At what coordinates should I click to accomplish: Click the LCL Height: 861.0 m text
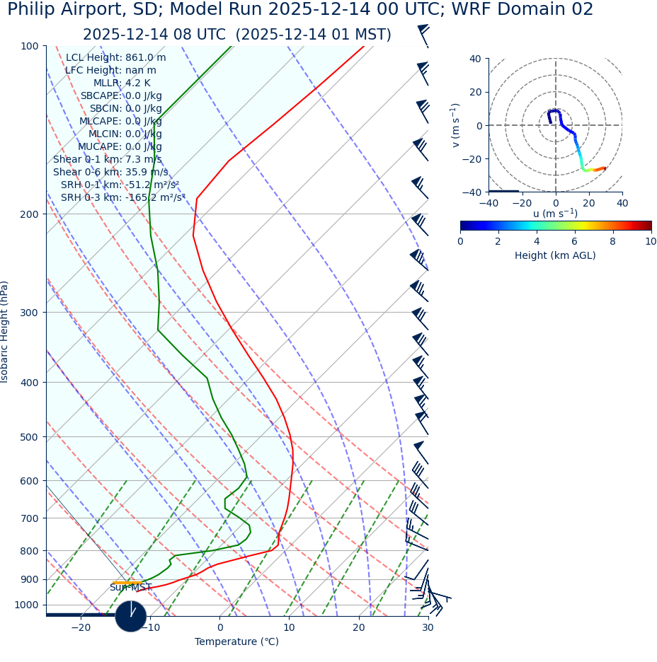point(116,58)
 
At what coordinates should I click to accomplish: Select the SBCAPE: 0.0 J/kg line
point(121,95)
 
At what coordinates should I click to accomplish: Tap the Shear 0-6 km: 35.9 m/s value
point(110,172)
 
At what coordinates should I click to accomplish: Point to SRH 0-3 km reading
point(123,197)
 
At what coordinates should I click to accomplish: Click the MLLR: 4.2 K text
point(122,83)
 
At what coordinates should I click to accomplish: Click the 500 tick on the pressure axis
point(29,437)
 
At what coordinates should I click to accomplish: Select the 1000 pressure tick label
point(26,605)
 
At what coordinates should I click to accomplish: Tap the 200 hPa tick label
point(29,214)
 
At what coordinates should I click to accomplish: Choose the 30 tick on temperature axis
point(428,627)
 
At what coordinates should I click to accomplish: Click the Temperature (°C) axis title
point(236,641)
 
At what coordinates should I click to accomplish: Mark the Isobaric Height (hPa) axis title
point(5,332)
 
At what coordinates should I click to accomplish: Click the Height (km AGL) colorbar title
point(555,255)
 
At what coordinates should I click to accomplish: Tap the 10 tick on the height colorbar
point(650,241)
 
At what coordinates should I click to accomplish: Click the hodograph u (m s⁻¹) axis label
point(555,213)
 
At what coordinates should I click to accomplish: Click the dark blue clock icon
point(131,616)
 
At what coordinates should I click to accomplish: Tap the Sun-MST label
point(130,588)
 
